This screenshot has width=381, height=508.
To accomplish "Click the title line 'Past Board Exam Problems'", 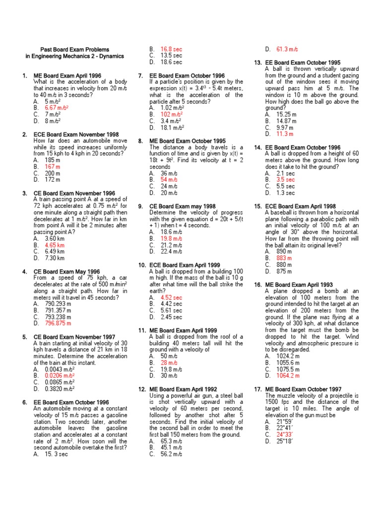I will (74, 50).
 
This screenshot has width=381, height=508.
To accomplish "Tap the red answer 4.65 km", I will (55, 245).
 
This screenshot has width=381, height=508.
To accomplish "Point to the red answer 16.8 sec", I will (171, 50).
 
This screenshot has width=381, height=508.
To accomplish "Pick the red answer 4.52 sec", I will (171, 297).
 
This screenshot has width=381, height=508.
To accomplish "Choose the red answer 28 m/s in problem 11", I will (169, 363).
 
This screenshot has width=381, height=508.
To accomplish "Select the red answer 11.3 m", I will (285, 134).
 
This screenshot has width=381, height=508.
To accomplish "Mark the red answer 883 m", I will (284, 258).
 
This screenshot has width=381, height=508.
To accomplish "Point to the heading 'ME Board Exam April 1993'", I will (299, 284).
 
